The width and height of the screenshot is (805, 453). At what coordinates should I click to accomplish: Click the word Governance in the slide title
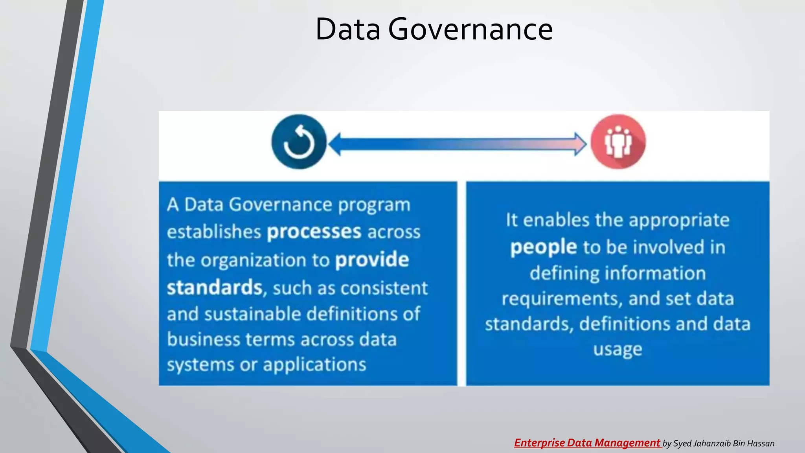[x=471, y=29]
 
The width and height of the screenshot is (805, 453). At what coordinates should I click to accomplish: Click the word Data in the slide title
[x=348, y=29]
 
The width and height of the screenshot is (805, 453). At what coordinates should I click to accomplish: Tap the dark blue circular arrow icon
[x=299, y=142]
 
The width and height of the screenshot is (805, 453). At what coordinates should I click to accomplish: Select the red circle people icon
[x=618, y=142]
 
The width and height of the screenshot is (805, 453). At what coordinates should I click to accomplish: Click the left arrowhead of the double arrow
[x=335, y=144]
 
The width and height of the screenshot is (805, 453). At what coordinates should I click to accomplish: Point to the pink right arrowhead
[x=580, y=144]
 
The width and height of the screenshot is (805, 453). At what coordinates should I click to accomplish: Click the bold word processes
[x=314, y=232]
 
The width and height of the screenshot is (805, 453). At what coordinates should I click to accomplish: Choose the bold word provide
[x=372, y=260]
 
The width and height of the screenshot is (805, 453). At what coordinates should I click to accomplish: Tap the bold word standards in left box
[x=214, y=287]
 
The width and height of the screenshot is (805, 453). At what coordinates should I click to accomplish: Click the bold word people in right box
[x=543, y=247]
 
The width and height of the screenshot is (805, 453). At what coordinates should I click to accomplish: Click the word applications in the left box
[x=314, y=365]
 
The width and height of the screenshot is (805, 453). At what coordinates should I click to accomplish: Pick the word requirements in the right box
[x=562, y=299]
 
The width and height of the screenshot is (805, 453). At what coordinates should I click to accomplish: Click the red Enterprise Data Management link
[x=587, y=443]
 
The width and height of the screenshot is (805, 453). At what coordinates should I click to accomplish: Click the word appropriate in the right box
[x=679, y=220]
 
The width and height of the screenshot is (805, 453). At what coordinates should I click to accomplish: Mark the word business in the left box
[x=203, y=339]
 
